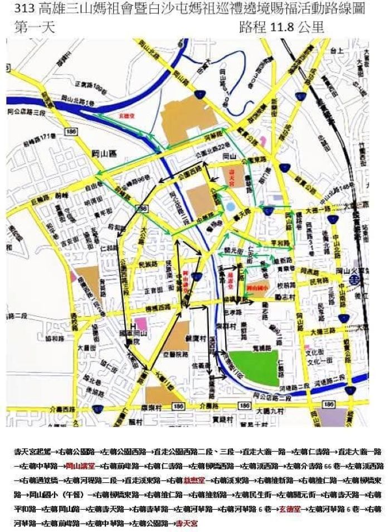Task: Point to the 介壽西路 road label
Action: point(22,409)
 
